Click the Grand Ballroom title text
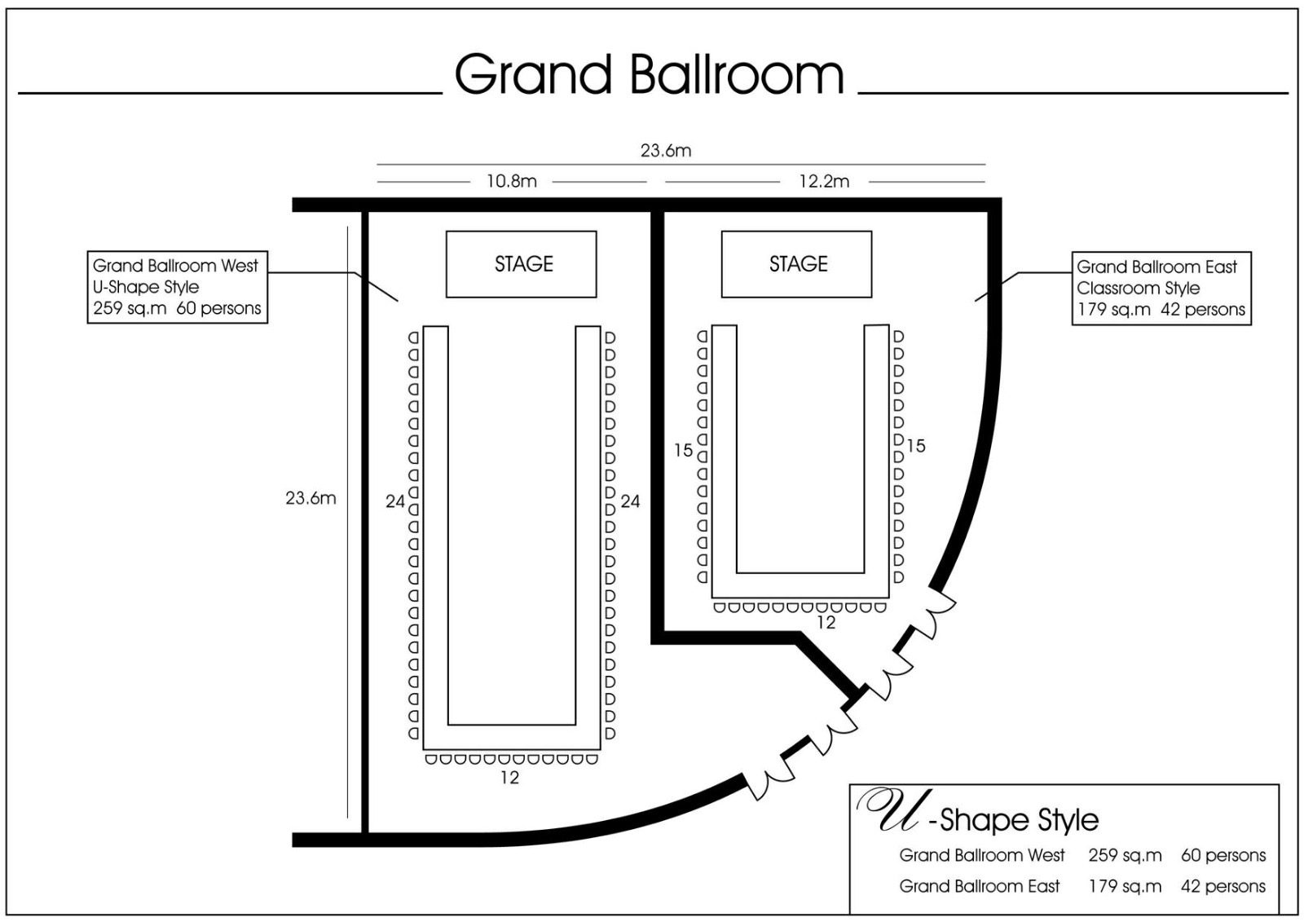(x=649, y=74)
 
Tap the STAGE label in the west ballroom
(x=523, y=264)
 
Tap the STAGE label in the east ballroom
(x=798, y=264)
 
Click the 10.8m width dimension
(x=511, y=181)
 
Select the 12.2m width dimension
(x=824, y=181)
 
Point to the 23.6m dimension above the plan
(x=665, y=150)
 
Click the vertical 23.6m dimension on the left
(x=311, y=498)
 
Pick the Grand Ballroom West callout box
(x=178, y=287)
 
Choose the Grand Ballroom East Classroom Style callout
(x=1161, y=289)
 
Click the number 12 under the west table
(x=509, y=778)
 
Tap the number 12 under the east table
(x=826, y=623)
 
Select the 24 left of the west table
(x=394, y=501)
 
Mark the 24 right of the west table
(x=630, y=501)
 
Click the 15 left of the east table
(x=684, y=450)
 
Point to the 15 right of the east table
(x=916, y=446)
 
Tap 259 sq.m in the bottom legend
(x=1125, y=856)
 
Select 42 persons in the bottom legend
(x=1223, y=886)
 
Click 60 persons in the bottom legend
(x=1223, y=856)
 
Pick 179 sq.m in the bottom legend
(x=1125, y=886)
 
